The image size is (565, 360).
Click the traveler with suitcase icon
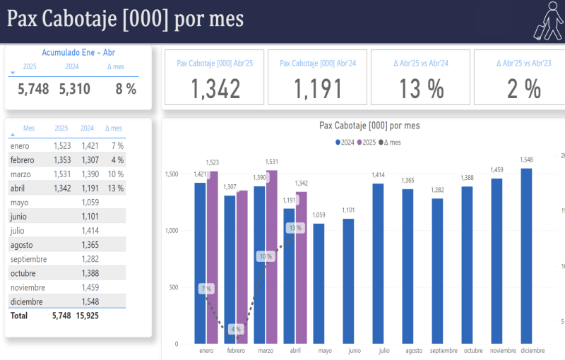coord(546,20)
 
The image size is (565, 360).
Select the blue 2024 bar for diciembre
coord(526,254)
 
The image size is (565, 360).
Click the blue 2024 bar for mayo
coord(319,282)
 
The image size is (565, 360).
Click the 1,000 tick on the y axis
coord(172,231)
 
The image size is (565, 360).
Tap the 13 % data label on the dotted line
coord(295,228)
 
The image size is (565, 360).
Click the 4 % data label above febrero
coord(235,329)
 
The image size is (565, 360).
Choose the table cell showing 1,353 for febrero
coord(61,160)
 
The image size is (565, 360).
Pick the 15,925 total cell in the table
coord(88,316)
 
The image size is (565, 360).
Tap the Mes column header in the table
coord(29,128)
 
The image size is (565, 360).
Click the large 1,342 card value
coord(216,88)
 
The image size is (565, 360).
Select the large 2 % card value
coord(523,88)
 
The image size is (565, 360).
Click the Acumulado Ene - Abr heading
coord(78,52)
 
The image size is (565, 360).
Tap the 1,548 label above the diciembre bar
coord(527,160)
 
